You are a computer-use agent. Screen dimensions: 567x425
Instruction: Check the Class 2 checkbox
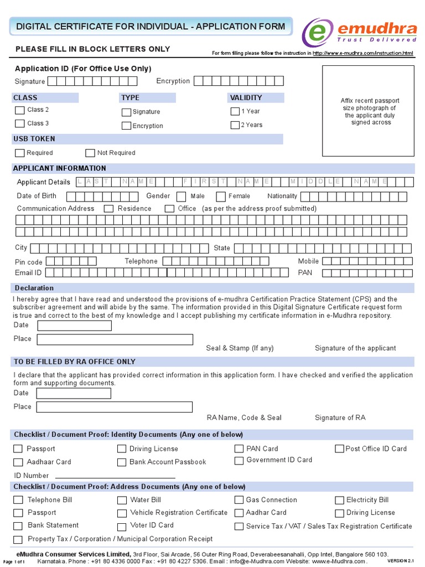click(20, 110)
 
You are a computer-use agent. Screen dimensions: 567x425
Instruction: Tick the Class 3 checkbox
click(20, 123)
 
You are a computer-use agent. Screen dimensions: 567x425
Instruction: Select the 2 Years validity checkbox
click(235, 125)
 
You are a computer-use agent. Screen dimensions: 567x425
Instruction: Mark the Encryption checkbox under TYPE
click(126, 126)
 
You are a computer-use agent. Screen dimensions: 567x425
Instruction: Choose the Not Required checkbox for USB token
click(90, 153)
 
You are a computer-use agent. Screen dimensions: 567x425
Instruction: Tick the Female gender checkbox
click(221, 197)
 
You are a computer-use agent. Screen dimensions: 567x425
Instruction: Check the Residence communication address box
click(108, 209)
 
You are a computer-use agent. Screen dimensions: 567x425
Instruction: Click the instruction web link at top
click(363, 53)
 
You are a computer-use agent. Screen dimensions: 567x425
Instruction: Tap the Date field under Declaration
click(74, 326)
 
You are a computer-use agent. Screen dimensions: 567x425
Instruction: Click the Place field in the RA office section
click(115, 407)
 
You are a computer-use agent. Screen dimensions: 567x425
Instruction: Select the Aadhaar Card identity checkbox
click(18, 462)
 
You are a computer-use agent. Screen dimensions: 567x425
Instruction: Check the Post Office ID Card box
click(339, 449)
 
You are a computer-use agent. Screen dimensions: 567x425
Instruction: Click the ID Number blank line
click(115, 476)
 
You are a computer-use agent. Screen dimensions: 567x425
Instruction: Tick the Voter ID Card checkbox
click(122, 526)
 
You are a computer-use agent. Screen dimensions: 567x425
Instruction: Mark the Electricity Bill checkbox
click(339, 500)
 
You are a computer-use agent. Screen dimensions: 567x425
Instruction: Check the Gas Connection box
click(239, 500)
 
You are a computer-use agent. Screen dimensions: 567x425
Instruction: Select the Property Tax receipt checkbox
click(18, 539)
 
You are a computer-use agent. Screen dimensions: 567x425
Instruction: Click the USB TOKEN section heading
click(34, 139)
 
